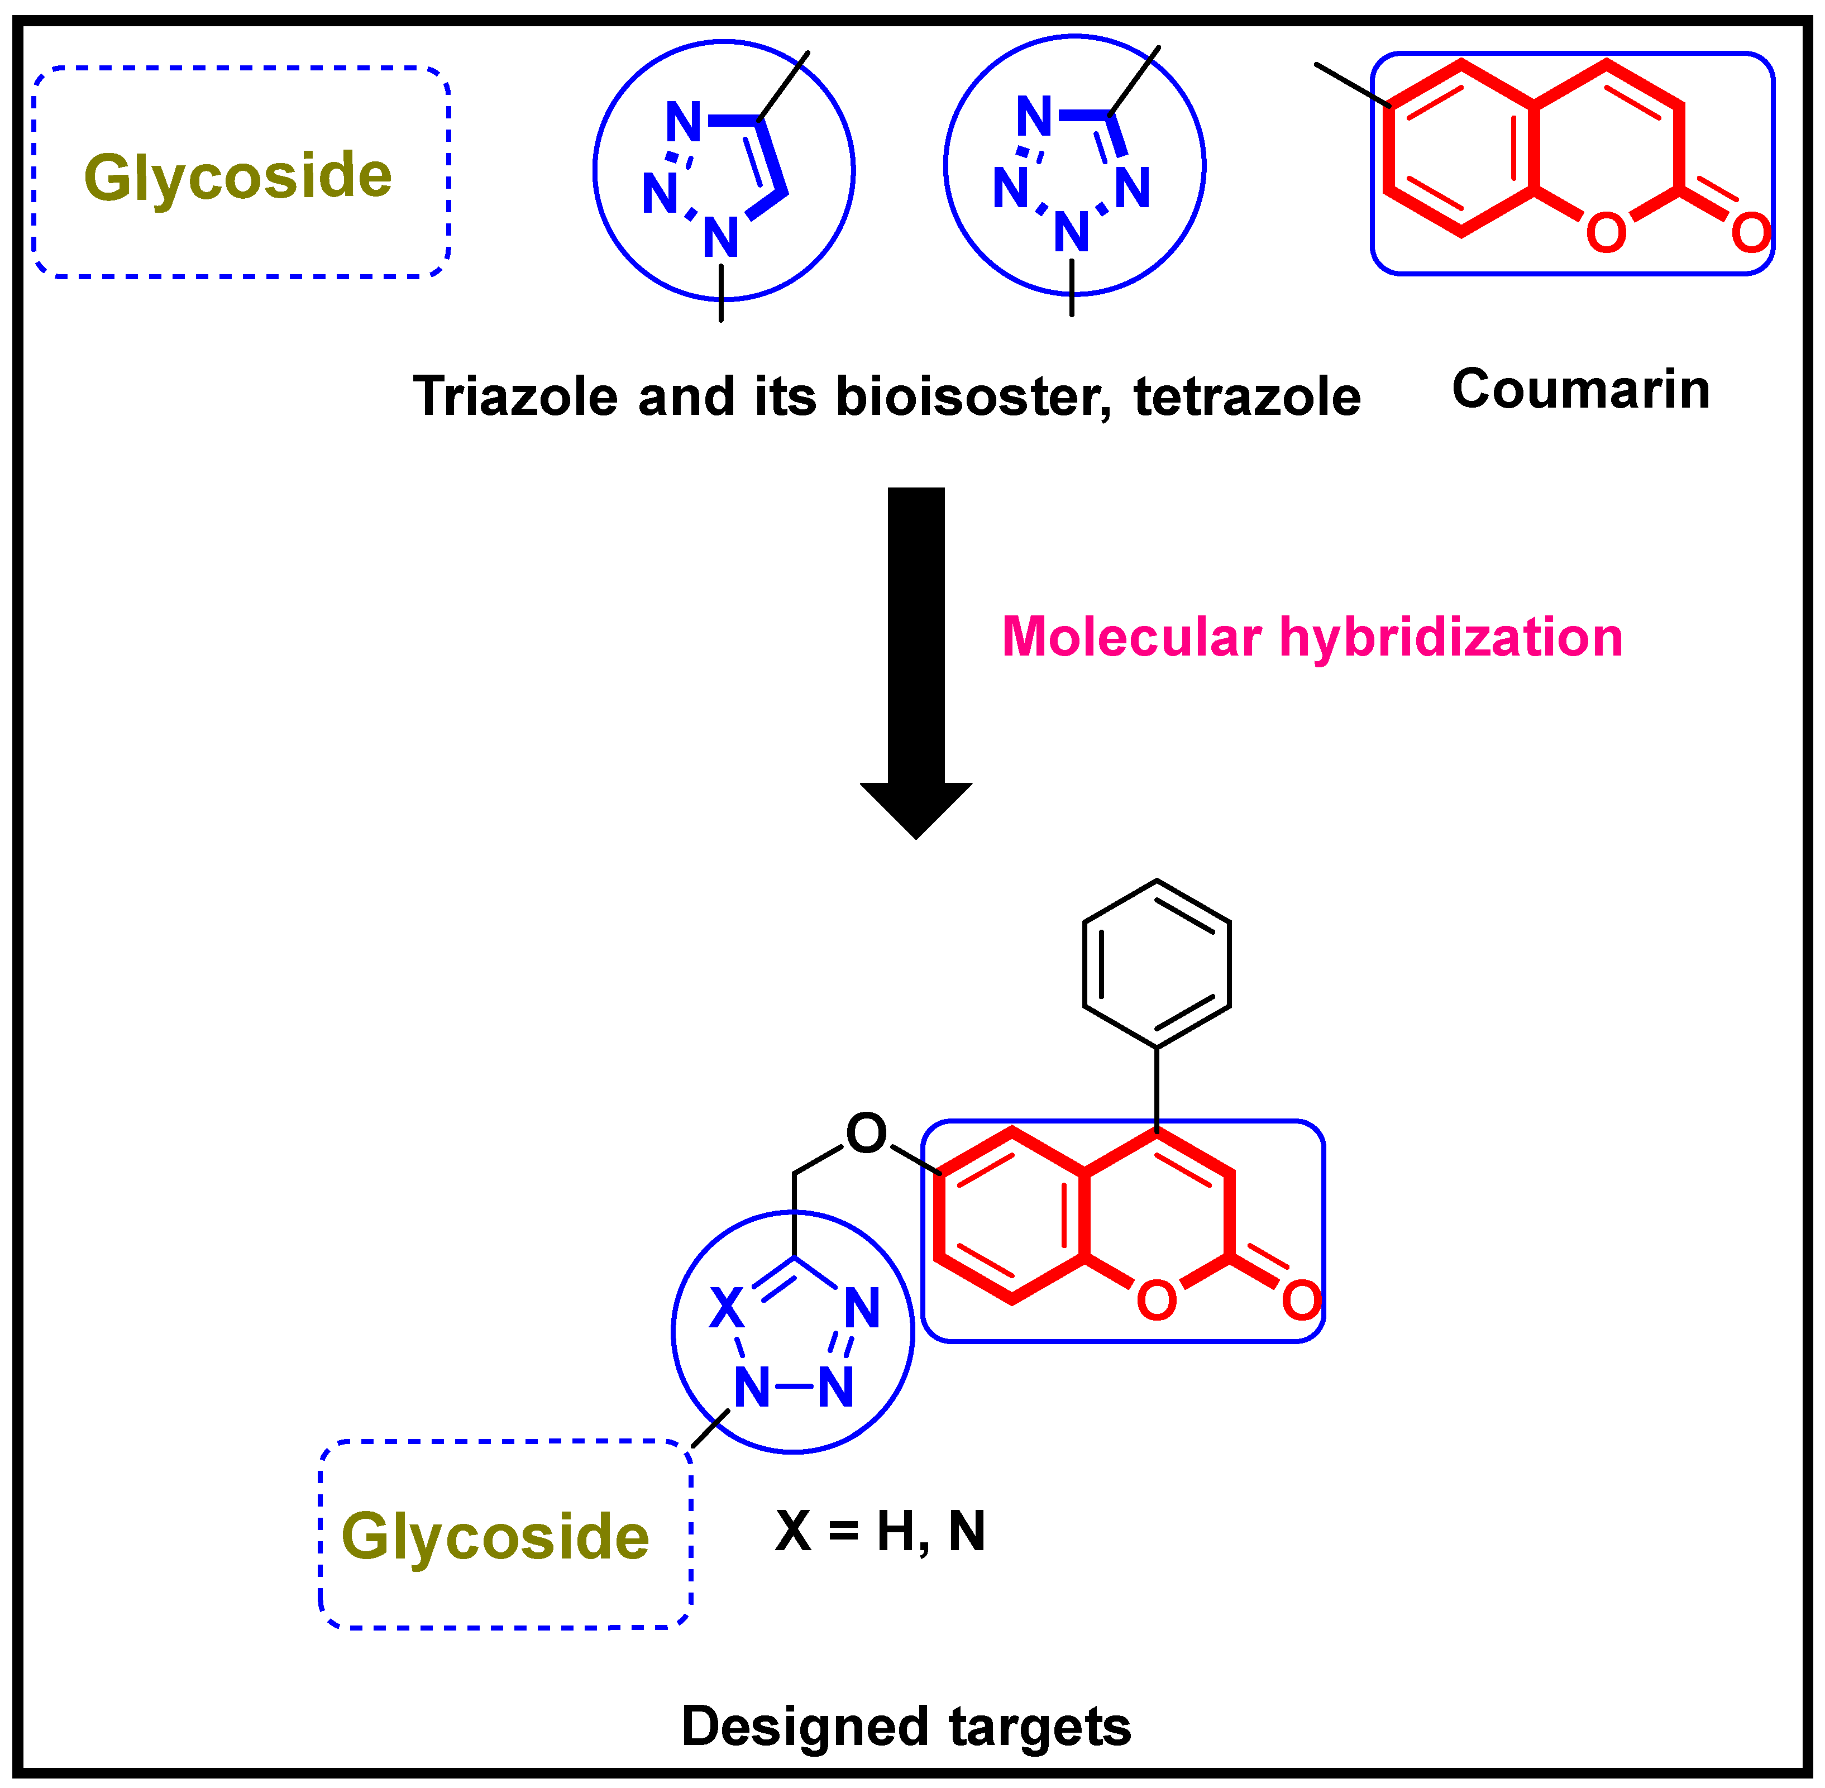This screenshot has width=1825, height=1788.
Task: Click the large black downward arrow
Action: (916, 657)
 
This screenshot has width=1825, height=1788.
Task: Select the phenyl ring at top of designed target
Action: (1156, 964)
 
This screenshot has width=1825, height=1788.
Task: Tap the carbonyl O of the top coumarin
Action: (1750, 233)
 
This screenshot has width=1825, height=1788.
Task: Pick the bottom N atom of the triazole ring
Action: (720, 237)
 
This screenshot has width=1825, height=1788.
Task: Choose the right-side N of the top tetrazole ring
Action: (1133, 188)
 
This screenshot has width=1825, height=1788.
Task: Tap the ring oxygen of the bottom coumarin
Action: (1156, 1301)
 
